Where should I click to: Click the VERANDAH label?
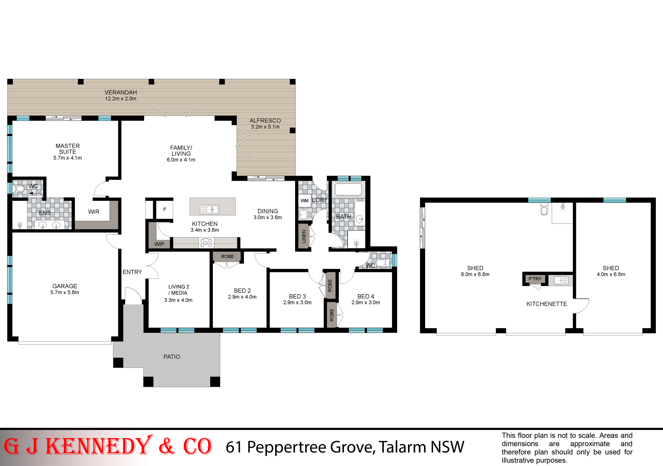pos(121,92)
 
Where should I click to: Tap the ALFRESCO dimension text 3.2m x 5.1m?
pos(265,127)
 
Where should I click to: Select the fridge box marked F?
pos(165,209)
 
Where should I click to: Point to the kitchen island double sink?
pos(210,209)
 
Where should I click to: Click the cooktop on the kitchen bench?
pos(206,243)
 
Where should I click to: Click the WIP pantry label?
pos(159,244)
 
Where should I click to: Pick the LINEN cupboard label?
pos(304,236)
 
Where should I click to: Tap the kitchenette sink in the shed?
pos(561,280)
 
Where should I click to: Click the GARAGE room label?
pos(65,286)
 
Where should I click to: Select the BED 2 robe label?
pos(228,256)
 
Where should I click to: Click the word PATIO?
pos(172,357)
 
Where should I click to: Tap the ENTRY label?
pos(132,272)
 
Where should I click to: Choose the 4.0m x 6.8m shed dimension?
pos(611,274)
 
